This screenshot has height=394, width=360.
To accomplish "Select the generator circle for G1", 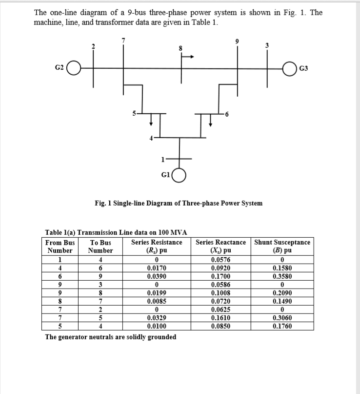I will point(180,175).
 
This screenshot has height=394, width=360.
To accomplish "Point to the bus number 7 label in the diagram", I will point(123,41).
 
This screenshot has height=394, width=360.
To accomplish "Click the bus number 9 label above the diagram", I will point(238,41).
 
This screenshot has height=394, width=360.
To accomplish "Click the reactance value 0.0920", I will point(221,268).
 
